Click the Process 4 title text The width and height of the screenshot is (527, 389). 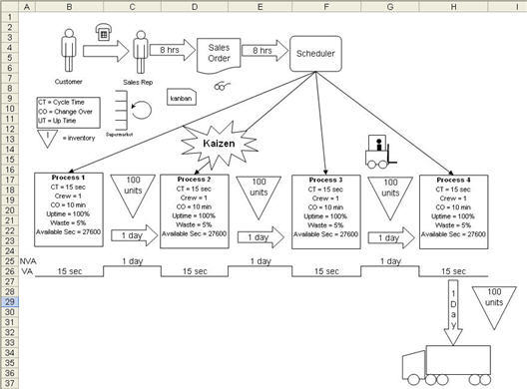454,179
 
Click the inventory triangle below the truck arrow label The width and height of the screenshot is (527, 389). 491,304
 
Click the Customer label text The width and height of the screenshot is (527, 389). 68,82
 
